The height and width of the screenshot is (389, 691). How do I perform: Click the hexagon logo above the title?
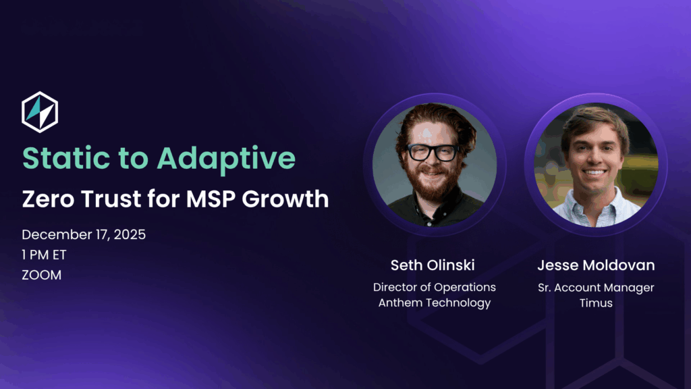pos(40,112)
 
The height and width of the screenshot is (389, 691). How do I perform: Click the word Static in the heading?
pos(66,158)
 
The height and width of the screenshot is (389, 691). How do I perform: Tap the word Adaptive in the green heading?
pos(226,159)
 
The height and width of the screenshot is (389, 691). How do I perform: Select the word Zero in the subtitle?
pos(49,199)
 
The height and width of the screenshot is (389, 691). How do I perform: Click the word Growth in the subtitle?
pos(285,199)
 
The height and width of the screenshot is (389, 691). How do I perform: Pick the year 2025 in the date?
pos(130,234)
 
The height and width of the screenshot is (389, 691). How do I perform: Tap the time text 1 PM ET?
pos(44,255)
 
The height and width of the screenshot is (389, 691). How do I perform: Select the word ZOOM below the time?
pos(41,276)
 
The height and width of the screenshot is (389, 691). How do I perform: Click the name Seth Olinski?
pos(433,265)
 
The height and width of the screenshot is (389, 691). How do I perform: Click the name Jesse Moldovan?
pos(596,265)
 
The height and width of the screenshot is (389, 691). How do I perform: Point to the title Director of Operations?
pos(435,287)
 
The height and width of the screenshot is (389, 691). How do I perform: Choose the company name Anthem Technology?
pos(435,303)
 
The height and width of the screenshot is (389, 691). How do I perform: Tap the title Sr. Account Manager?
pos(596,288)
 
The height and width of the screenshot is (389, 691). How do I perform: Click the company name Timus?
pos(596,303)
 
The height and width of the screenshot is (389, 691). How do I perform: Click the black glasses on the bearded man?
pos(433,153)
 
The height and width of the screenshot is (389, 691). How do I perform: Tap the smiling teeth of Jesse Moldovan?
pos(594,172)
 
